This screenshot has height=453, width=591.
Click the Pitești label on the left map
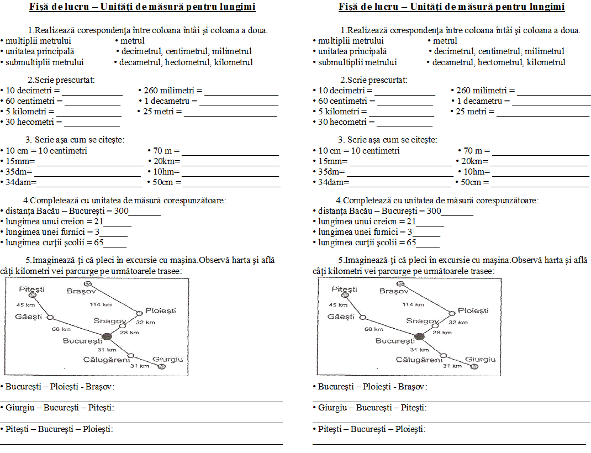click(31, 289)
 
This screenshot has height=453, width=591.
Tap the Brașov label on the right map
click(394, 291)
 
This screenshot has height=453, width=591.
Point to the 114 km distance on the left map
click(101, 304)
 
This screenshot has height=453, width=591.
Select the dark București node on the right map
click(419, 336)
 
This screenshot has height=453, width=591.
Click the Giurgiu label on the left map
click(167, 359)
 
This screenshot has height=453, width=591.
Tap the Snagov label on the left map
click(110, 321)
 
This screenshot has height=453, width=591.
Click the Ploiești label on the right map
click(473, 311)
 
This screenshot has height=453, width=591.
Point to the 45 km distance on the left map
click(25, 305)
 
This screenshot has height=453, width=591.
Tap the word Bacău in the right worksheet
click(361, 211)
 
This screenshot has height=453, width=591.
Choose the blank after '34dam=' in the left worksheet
click(88, 182)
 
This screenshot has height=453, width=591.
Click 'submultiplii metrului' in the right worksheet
click(357, 62)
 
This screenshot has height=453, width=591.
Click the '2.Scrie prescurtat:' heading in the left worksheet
click(61, 80)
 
